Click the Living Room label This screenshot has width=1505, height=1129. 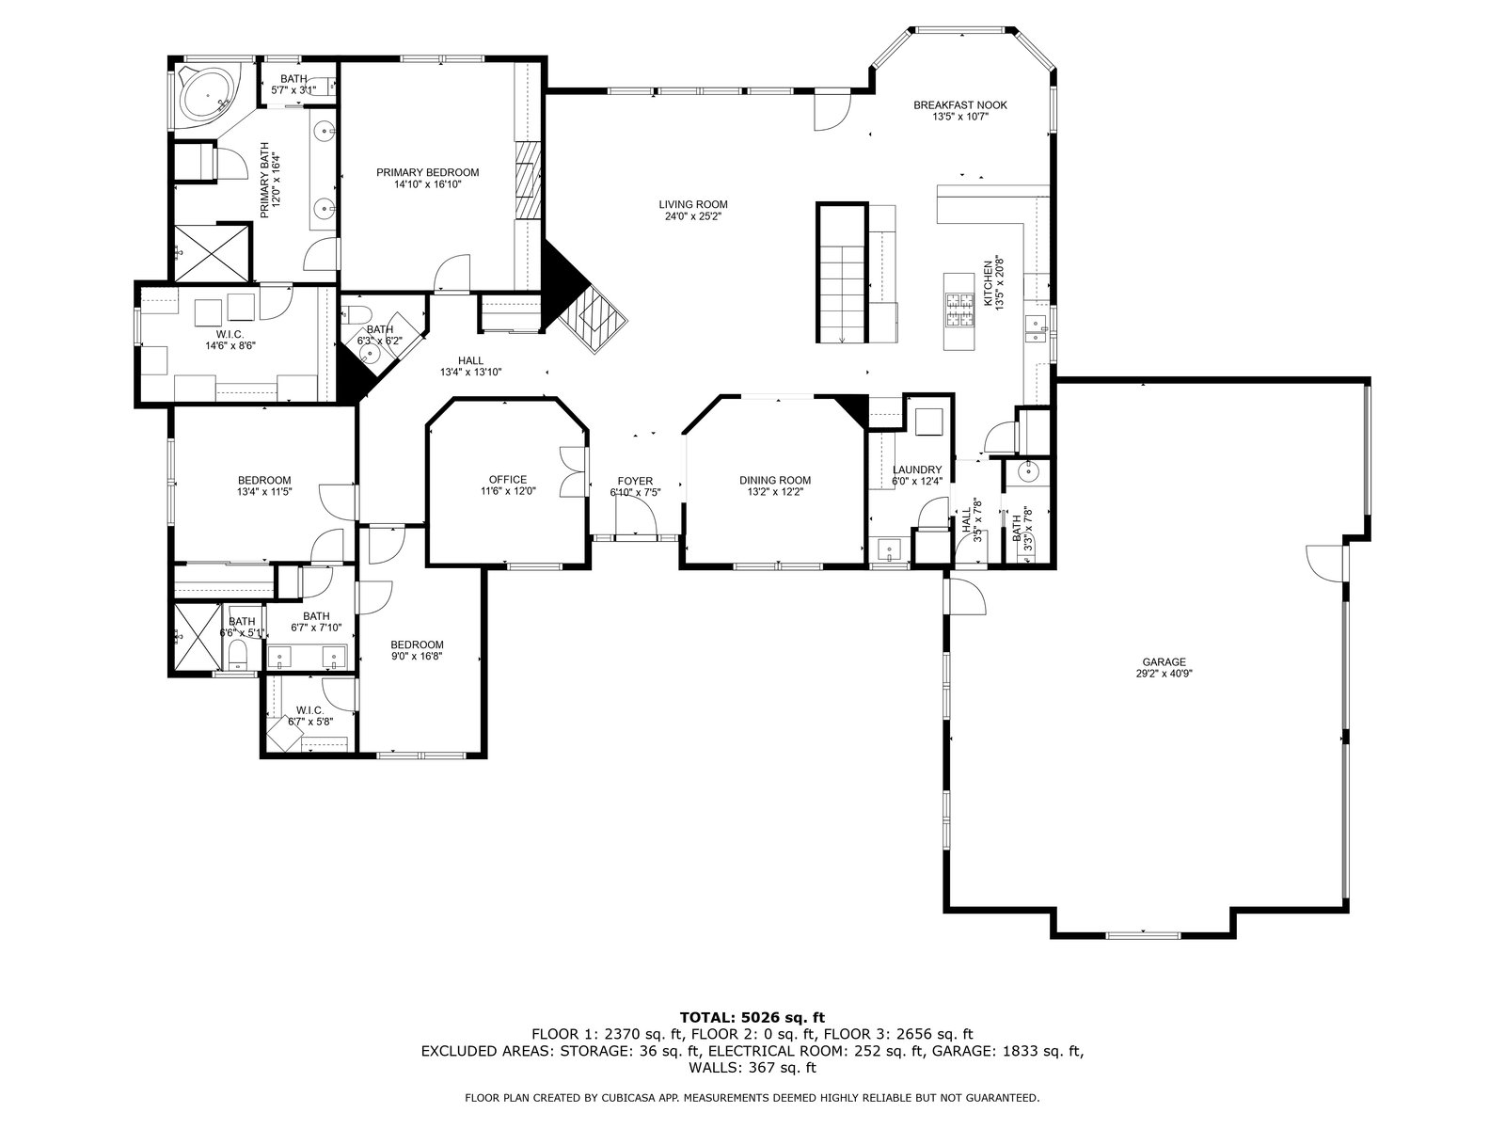693,204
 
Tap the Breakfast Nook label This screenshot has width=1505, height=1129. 960,104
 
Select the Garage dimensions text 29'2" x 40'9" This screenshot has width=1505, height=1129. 1164,673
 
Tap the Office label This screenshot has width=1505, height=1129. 508,480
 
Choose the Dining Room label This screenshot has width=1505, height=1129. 775,481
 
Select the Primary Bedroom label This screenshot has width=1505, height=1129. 427,173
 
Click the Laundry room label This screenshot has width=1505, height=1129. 917,469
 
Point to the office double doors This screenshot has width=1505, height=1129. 573,471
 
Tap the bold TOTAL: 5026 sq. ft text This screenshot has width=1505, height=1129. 752,1017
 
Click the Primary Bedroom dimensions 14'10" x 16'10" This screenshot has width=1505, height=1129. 427,183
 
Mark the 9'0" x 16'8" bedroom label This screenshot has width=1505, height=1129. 417,656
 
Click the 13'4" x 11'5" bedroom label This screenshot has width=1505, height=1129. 264,491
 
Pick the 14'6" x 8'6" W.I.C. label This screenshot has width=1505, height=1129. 230,345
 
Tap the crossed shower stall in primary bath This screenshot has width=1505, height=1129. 212,254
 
